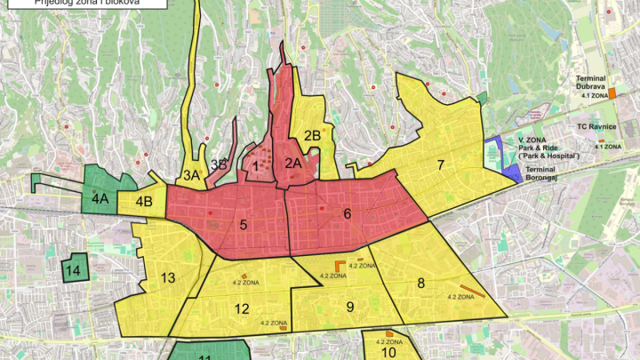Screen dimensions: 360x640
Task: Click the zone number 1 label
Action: pyautogui.click(x=255, y=164)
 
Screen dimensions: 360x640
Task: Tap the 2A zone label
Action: pyautogui.click(x=294, y=163)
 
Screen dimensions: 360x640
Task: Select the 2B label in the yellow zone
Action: pyautogui.click(x=311, y=136)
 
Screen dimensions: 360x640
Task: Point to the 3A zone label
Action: pyautogui.click(x=191, y=175)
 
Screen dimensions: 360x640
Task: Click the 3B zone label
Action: pyautogui.click(x=220, y=164)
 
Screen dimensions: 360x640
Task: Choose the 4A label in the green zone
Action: pyautogui.click(x=100, y=199)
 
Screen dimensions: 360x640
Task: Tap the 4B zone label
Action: pyautogui.click(x=145, y=201)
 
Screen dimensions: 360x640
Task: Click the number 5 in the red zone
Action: pyautogui.click(x=243, y=225)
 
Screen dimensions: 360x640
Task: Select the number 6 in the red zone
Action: pyautogui.click(x=348, y=213)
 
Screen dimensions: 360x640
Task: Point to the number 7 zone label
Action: pyautogui.click(x=440, y=164)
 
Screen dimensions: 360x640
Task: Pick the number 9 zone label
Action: pyautogui.click(x=350, y=307)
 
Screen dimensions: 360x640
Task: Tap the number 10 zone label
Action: pyautogui.click(x=388, y=352)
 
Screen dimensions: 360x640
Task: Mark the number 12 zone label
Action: pyautogui.click(x=242, y=308)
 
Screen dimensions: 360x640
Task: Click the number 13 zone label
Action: pyautogui.click(x=168, y=278)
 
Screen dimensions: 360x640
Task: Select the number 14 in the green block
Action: pyautogui.click(x=75, y=269)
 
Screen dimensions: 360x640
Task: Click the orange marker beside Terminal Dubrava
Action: pyautogui.click(x=612, y=93)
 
